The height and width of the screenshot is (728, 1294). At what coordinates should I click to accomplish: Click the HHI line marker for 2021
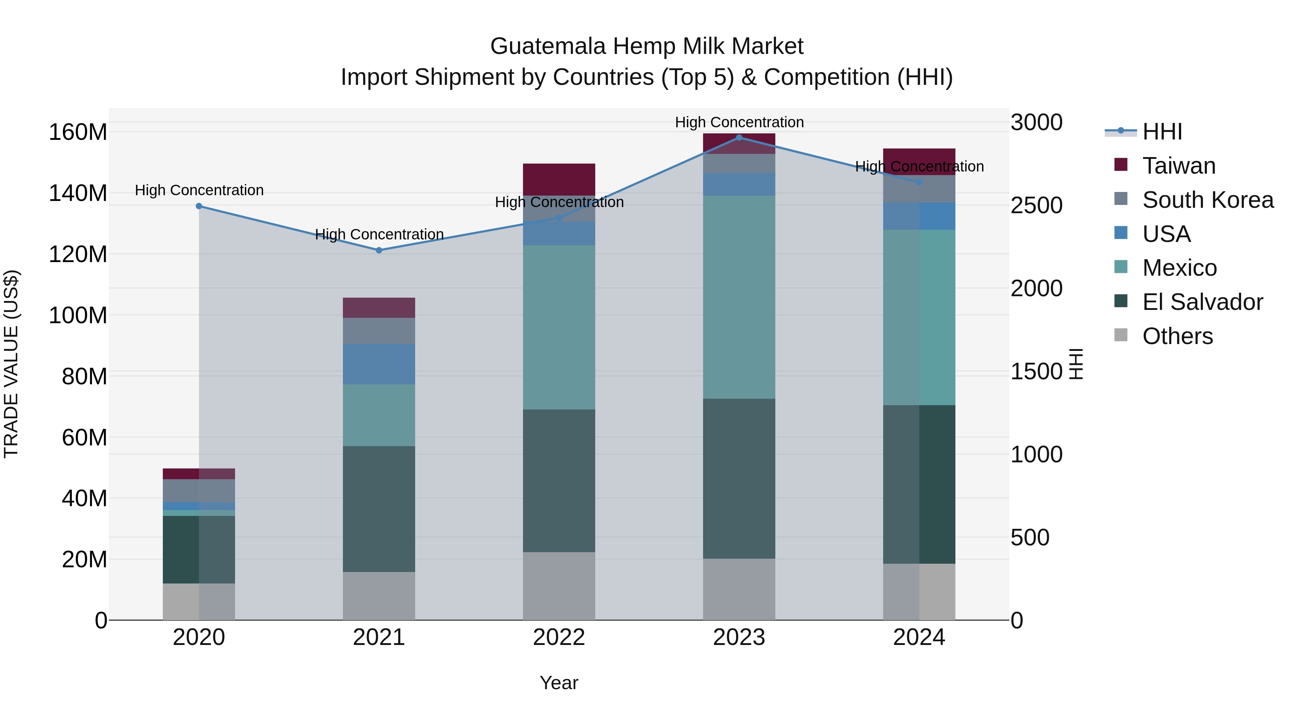tap(379, 250)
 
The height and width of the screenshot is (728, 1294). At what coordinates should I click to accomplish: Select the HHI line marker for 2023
tap(739, 138)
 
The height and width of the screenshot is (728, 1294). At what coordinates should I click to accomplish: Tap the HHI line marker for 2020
tap(199, 206)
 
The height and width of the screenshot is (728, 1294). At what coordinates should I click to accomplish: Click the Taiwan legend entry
tap(1179, 166)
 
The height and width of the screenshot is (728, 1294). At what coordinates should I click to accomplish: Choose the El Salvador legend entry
tap(1202, 302)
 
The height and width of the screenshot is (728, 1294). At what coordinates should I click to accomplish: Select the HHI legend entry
tap(1162, 132)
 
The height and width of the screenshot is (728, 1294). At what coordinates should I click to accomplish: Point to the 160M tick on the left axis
tap(78, 133)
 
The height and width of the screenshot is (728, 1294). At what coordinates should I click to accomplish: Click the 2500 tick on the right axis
tap(1036, 206)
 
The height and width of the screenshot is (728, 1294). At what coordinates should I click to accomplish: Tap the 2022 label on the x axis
tap(559, 637)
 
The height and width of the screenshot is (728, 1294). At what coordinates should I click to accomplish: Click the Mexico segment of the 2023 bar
tap(739, 297)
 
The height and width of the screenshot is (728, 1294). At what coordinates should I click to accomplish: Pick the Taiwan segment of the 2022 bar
tap(559, 179)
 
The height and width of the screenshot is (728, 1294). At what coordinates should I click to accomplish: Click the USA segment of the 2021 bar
tap(379, 364)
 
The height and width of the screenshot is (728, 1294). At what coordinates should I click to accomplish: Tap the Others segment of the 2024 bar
tap(919, 591)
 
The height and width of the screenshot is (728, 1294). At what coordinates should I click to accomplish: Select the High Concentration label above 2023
tap(739, 123)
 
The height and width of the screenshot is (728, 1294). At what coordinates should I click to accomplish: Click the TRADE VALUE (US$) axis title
tap(11, 364)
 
